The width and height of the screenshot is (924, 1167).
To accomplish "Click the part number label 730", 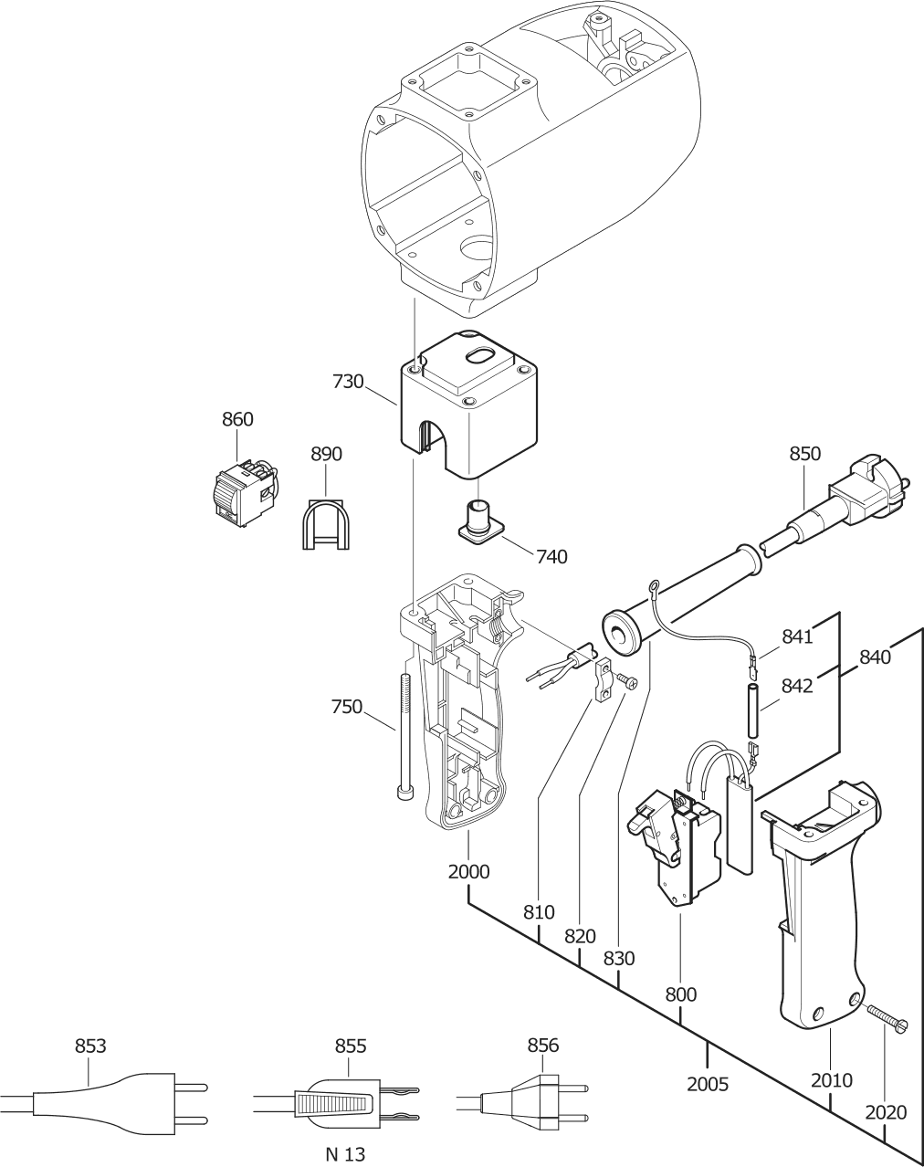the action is click(x=348, y=382).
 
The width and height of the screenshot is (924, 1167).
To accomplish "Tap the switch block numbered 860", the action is click(x=245, y=492).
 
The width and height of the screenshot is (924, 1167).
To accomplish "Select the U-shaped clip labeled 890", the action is click(x=325, y=524).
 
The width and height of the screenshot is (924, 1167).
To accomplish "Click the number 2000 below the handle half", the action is click(x=468, y=871).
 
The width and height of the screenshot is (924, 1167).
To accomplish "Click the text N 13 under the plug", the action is click(x=345, y=1154).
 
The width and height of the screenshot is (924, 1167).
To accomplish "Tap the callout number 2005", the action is click(x=708, y=1084).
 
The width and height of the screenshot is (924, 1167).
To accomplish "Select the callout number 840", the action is click(x=876, y=657).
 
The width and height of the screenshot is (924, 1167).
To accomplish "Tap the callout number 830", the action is click(x=619, y=959).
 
